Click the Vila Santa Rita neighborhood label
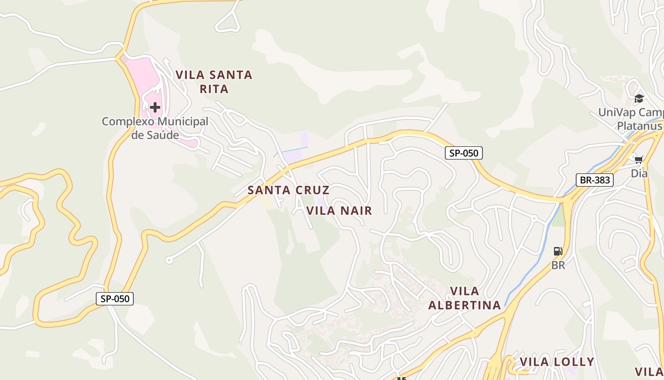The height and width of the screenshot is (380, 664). click(x=214, y=82)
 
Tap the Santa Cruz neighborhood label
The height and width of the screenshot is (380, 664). click(x=288, y=190)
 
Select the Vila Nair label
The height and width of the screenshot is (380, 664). click(x=339, y=210)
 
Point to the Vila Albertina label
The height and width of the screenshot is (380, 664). click(x=464, y=298)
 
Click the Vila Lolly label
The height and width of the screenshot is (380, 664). click(x=557, y=362)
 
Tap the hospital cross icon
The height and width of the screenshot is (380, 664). click(x=155, y=107)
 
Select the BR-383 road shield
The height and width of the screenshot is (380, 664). click(x=595, y=180)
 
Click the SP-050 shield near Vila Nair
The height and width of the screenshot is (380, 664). click(x=464, y=153)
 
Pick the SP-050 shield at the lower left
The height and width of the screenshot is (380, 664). click(x=115, y=299)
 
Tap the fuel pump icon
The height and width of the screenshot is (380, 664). click(x=558, y=251)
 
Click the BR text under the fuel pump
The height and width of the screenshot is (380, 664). click(x=558, y=265)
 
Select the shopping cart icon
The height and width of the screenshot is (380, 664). click(x=638, y=160)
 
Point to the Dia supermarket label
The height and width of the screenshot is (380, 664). click(x=639, y=173)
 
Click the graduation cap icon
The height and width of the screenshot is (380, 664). click(x=639, y=99)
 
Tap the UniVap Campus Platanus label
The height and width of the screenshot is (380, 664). click(x=631, y=119)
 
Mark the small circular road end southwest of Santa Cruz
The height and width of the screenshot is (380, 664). click(x=169, y=260)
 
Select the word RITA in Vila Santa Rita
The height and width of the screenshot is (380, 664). click(x=214, y=89)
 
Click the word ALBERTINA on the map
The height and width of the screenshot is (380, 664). click(x=464, y=305)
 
